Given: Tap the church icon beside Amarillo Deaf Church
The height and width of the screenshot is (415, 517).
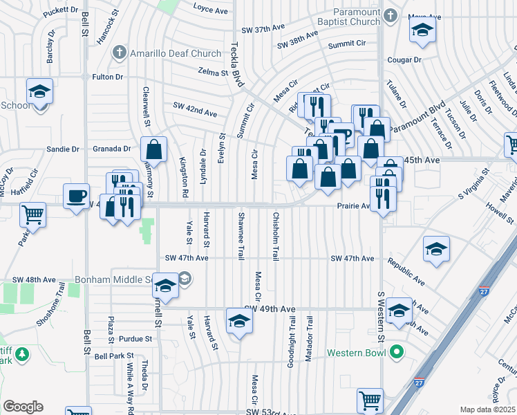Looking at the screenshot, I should pos(120,53).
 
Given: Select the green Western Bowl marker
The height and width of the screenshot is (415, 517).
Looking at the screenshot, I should pos(396,353).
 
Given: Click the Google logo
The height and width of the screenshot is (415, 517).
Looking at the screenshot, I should pos(23,407).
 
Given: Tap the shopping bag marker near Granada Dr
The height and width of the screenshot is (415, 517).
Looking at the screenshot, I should pos(153,148).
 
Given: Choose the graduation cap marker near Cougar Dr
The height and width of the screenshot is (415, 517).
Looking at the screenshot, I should pos(422,30).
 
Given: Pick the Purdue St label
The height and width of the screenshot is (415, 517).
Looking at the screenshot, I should pos(134,339).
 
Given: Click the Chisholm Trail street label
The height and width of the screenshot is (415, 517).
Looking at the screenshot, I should pos(275,237).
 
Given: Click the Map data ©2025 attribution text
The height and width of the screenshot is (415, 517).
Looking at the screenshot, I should pos(487,409).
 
